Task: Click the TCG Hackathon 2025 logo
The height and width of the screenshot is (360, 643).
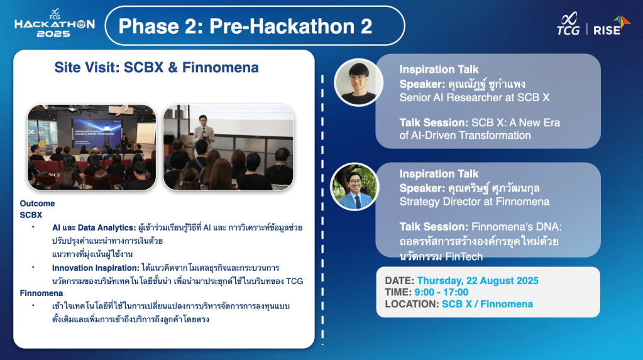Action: pyautogui.click(x=54, y=23)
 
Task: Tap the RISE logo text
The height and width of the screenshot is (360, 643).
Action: pyautogui.click(x=607, y=30)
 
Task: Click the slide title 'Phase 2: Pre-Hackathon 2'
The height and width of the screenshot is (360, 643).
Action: pyautogui.click(x=245, y=26)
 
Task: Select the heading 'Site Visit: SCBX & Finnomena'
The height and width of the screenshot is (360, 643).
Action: pyautogui.click(x=157, y=67)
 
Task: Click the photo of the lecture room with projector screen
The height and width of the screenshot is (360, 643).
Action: pyautogui.click(x=92, y=147)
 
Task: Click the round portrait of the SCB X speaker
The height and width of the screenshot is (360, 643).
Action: pyautogui.click(x=358, y=82)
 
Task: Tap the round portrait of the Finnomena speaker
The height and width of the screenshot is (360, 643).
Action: pyautogui.click(x=354, y=187)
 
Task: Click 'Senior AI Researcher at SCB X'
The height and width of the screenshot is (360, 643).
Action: pyautogui.click(x=475, y=97)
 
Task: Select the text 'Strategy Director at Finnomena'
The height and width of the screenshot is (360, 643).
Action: pyautogui.click(x=475, y=202)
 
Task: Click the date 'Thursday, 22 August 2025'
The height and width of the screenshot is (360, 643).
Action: pyautogui.click(x=478, y=280)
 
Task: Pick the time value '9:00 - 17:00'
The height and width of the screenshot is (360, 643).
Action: pyautogui.click(x=441, y=292)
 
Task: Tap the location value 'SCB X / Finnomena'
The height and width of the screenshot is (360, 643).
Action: pyautogui.click(x=487, y=304)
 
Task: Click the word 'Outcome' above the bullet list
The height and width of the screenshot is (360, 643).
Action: pyautogui.click(x=37, y=204)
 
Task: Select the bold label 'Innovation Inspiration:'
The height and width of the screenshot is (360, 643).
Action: pyautogui.click(x=96, y=268)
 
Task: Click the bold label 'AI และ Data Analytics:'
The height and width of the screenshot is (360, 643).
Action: pyautogui.click(x=94, y=227)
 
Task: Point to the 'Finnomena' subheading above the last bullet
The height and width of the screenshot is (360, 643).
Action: pyautogui.click(x=41, y=293)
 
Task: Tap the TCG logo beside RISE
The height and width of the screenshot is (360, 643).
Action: pyautogui.click(x=568, y=24)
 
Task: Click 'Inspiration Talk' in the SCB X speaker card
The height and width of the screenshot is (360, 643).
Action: pyautogui.click(x=439, y=69)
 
